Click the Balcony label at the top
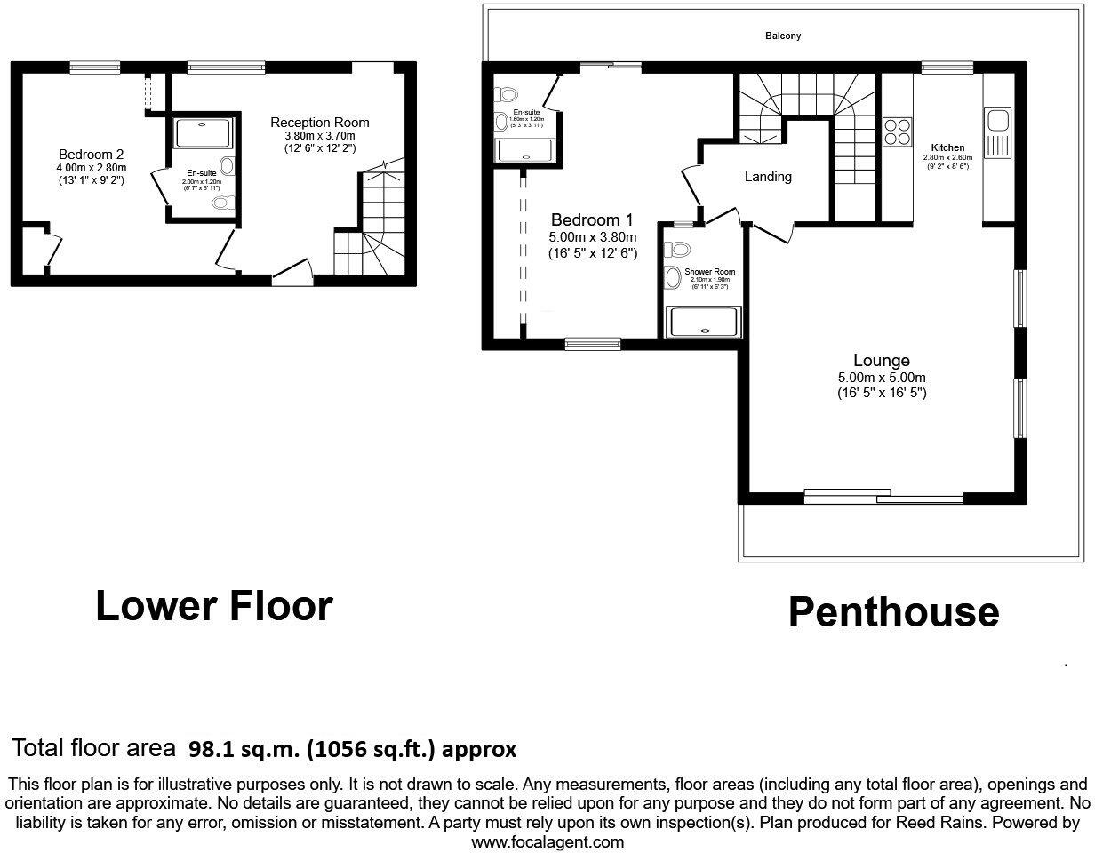(x=783, y=36)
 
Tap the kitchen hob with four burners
(x=897, y=132)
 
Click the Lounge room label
(x=881, y=361)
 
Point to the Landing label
(x=768, y=177)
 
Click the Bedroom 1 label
(x=593, y=220)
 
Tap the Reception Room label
(x=320, y=123)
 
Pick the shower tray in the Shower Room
(x=703, y=322)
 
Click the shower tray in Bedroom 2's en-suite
(x=204, y=134)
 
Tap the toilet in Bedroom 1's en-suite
(x=508, y=94)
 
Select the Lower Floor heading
(x=213, y=606)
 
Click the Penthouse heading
(x=893, y=612)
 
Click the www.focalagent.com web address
(x=547, y=841)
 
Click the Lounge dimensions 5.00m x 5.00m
(x=881, y=378)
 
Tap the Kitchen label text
(x=947, y=147)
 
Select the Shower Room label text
(x=709, y=272)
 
